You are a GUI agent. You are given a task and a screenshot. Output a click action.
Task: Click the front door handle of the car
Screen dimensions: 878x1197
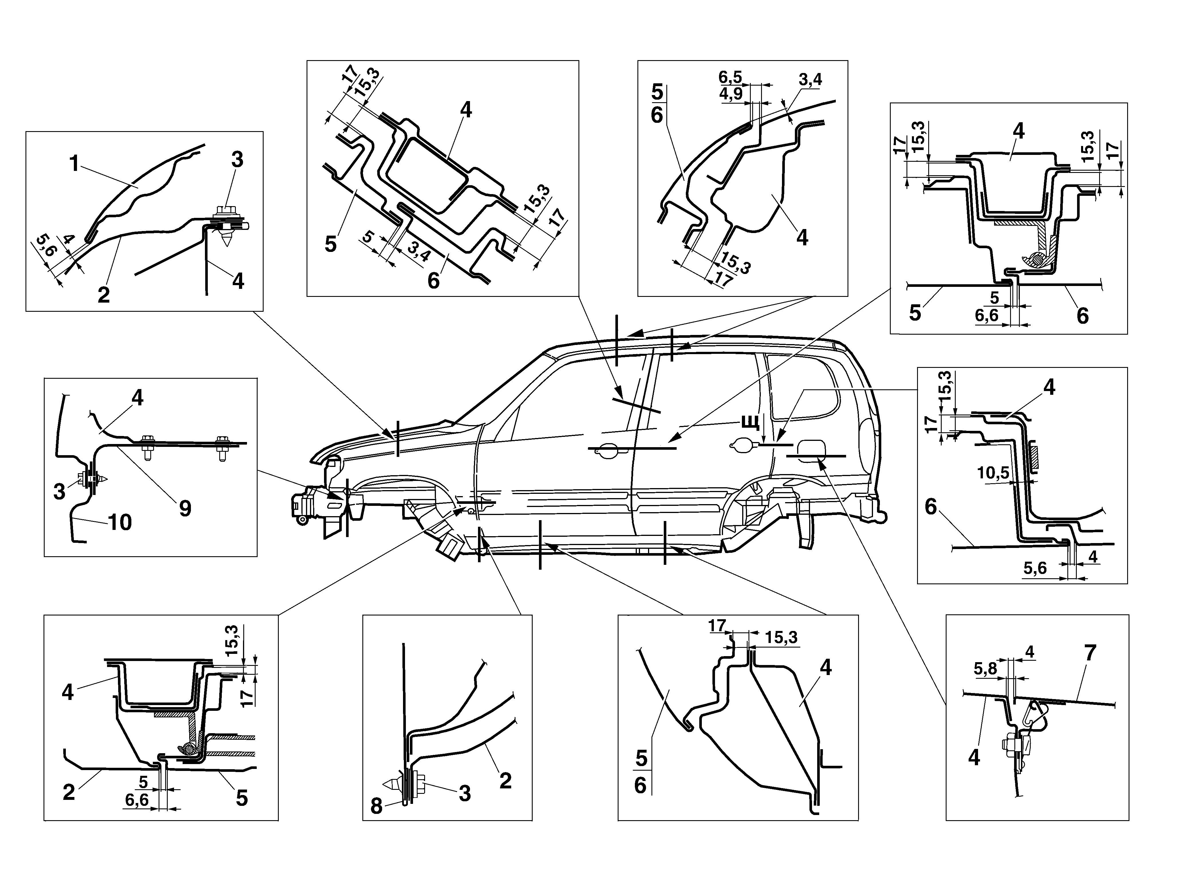click(606, 449)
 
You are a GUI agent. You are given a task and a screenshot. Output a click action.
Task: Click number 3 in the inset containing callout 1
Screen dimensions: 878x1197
click(237, 159)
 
